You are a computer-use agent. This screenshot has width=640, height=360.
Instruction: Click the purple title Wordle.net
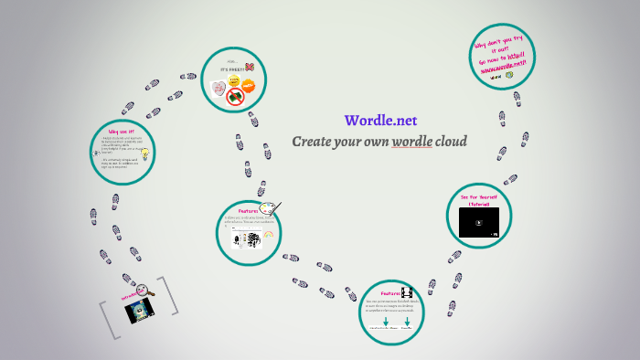(380, 121)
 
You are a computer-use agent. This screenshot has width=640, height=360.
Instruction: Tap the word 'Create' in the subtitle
(315, 142)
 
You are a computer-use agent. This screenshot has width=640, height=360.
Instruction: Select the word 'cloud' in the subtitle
(453, 142)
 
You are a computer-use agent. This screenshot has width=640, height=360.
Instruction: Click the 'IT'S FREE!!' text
(229, 69)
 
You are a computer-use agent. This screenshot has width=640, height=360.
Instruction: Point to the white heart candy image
(218, 89)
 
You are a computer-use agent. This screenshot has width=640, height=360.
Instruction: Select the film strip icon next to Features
(407, 291)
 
